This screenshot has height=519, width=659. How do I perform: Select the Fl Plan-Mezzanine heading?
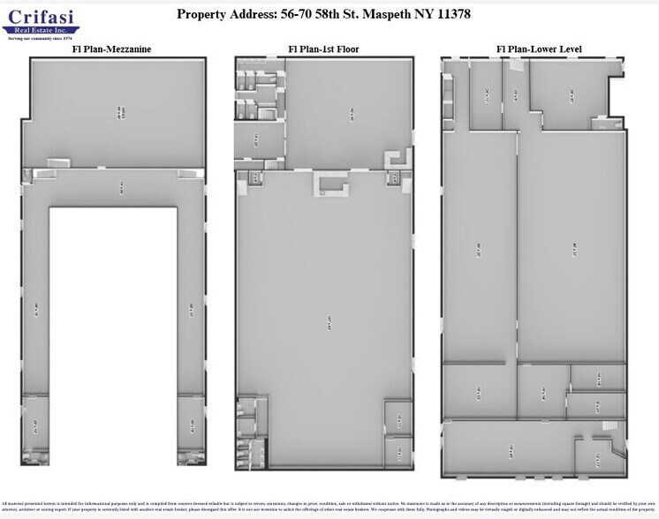[x=111, y=49]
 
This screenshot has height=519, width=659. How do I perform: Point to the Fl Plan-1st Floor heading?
[x=323, y=49]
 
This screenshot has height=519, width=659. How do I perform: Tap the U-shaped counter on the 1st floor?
[x=333, y=183]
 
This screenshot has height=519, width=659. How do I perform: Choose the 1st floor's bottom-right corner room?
[x=398, y=454]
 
